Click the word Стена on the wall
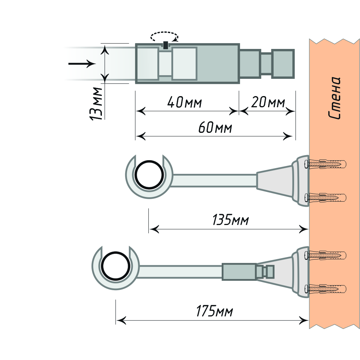tap(335, 98)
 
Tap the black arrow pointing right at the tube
tap(81, 64)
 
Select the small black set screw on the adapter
tap(165, 45)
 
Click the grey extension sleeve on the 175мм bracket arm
tap(239, 272)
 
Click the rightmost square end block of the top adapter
tap(283, 64)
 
